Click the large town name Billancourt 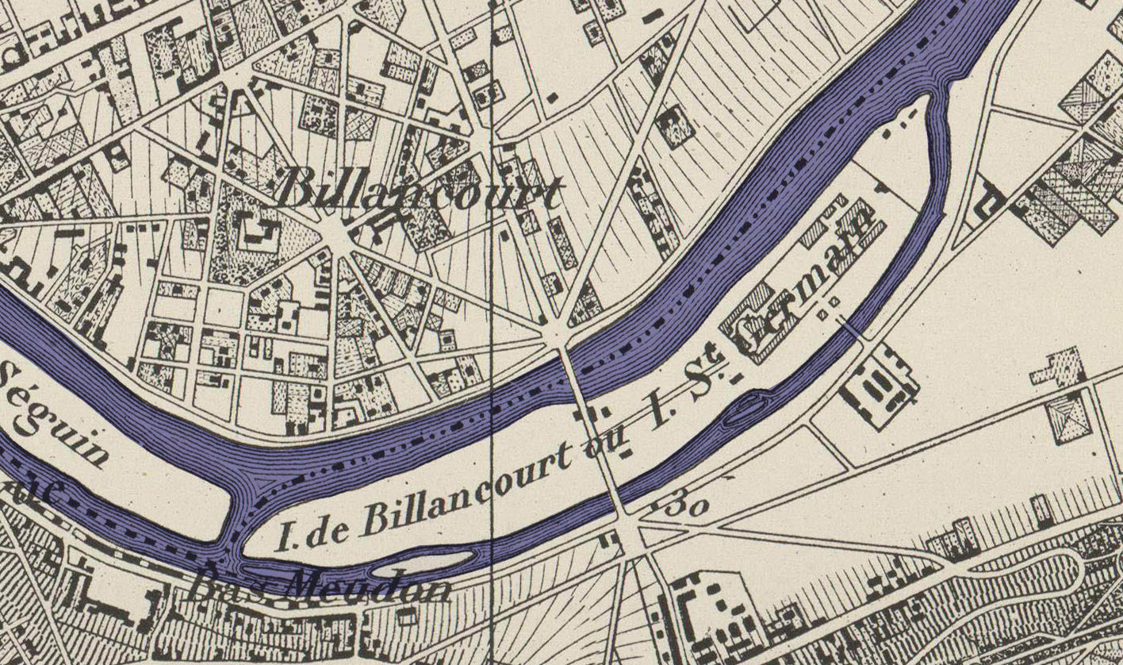[420, 193]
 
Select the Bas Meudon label [317, 585]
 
